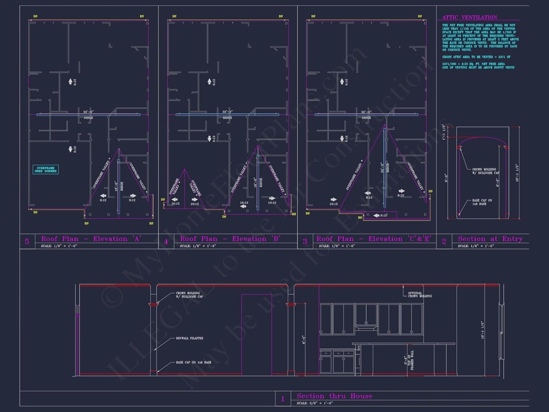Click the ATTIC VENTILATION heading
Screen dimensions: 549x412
click(470, 17)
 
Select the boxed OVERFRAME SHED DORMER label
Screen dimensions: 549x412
click(45, 170)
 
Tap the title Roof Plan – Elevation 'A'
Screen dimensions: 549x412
click(91, 239)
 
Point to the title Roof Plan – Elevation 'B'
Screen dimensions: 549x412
click(230, 239)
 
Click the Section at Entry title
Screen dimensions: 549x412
click(490, 239)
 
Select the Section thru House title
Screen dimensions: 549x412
click(335, 396)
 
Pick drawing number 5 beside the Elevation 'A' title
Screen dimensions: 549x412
click(27, 241)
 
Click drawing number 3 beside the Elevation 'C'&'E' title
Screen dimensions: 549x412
click(305, 241)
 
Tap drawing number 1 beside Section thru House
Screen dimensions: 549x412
click(283, 399)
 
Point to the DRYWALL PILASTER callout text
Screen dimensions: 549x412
click(189, 338)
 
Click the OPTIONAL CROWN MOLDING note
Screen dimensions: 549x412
click(419, 294)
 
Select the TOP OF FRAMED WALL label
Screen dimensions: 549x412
click(411, 360)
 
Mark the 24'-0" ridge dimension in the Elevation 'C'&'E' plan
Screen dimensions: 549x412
click(382, 168)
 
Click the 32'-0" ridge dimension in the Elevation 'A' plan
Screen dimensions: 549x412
click(88, 112)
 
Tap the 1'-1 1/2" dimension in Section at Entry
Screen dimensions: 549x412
click(444, 132)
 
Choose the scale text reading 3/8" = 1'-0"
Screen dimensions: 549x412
click(314, 403)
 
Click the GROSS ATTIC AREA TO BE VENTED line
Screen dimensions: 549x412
click(476, 57)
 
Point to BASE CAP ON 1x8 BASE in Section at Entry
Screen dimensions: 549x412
click(482, 202)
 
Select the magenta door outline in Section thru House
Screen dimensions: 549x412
click(256, 334)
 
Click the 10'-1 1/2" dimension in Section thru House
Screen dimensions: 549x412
click(482, 330)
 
